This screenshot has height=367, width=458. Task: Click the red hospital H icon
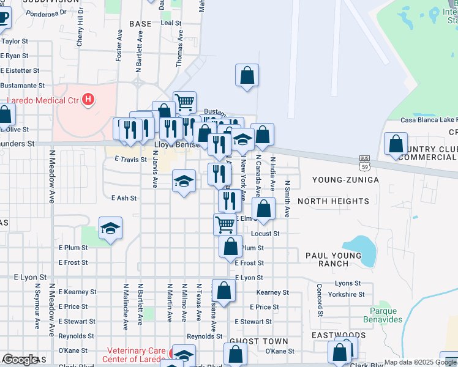point(89,99)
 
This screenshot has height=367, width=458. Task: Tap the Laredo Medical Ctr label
point(43,100)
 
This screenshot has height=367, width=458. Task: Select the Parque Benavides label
point(382,315)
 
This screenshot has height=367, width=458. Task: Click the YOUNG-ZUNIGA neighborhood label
point(345,179)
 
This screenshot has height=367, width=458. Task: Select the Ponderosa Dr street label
point(45,12)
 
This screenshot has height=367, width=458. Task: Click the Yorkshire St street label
point(347,294)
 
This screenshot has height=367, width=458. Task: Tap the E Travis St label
point(131,159)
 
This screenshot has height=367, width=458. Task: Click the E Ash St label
point(124,198)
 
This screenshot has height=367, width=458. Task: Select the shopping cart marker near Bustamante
point(184,102)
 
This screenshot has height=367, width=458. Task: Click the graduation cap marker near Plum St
point(110,228)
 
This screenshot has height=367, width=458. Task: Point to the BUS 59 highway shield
point(364,163)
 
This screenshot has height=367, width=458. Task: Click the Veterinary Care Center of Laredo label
point(137,355)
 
